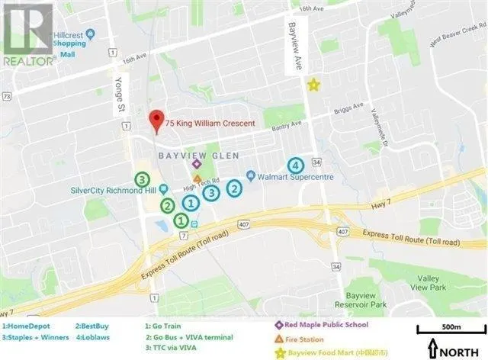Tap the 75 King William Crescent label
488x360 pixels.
pos(216,123)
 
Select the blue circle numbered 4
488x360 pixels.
pos(294,166)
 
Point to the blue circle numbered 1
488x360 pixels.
pos(191,202)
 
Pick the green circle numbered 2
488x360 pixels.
pos(167,205)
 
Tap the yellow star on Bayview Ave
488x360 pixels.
pos(313,85)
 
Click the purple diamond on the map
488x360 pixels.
pos(197,163)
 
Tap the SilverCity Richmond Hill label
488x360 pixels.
pos(108,191)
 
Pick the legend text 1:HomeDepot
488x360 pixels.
pos(28,324)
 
